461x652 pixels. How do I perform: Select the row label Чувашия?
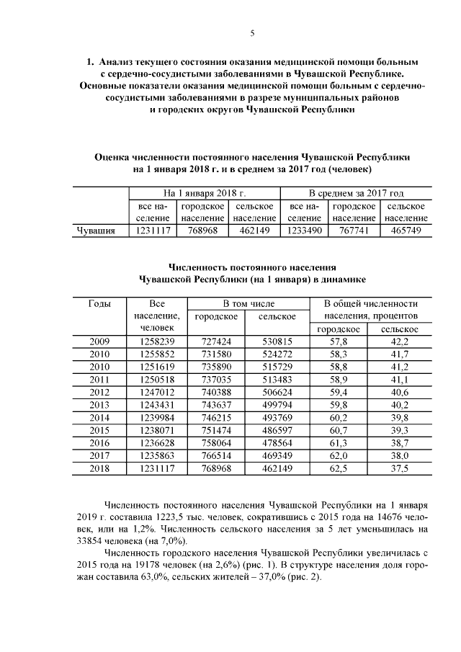click(96, 231)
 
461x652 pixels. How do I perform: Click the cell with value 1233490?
click(304, 231)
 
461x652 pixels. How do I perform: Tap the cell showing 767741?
click(354, 231)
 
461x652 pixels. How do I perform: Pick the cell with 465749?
click(406, 231)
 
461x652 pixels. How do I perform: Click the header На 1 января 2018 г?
click(204, 193)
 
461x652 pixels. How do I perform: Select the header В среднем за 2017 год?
click(355, 193)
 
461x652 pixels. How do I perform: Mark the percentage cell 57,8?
click(338, 341)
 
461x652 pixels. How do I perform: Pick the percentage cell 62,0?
click(338, 455)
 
